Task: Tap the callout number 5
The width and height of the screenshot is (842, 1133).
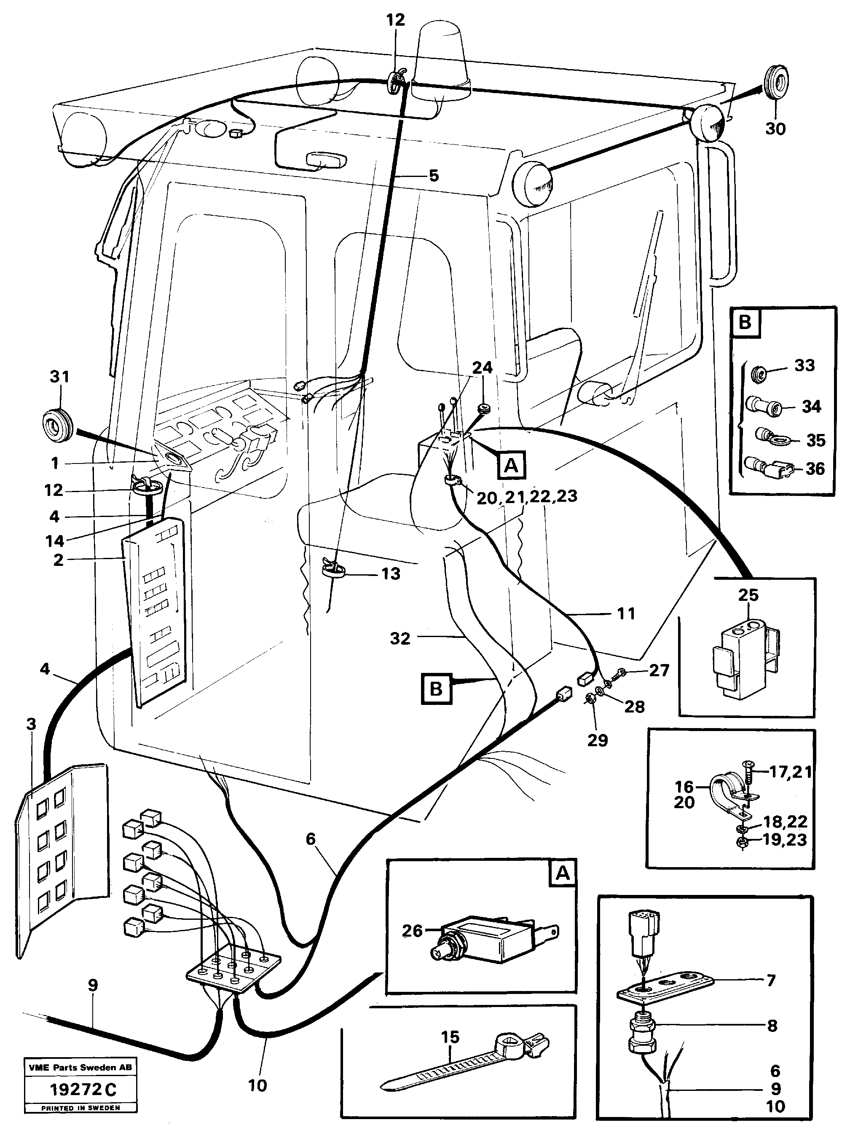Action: pyautogui.click(x=433, y=176)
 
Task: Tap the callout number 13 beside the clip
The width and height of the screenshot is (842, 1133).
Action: pyautogui.click(x=391, y=573)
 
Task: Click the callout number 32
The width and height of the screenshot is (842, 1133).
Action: pyautogui.click(x=400, y=638)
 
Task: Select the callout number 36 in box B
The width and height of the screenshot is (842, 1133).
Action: pyautogui.click(x=815, y=468)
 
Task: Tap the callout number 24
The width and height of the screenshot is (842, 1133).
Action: pyautogui.click(x=482, y=367)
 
